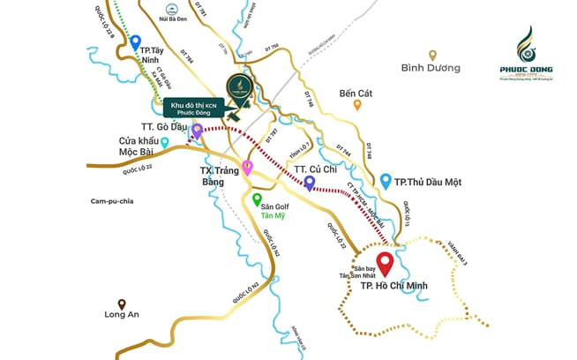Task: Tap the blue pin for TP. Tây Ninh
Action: coord(135,41)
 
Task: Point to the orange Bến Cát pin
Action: coord(357,104)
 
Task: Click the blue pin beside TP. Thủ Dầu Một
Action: coord(386,181)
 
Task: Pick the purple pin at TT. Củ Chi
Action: coord(310,183)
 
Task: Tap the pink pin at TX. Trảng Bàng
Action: coord(248,168)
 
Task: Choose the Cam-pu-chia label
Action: coord(111,201)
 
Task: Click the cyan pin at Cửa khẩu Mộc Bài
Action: coord(165,142)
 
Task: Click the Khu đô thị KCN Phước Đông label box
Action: coord(193,108)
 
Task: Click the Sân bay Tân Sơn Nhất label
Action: coord(371,272)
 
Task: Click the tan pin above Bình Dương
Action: coord(432,55)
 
